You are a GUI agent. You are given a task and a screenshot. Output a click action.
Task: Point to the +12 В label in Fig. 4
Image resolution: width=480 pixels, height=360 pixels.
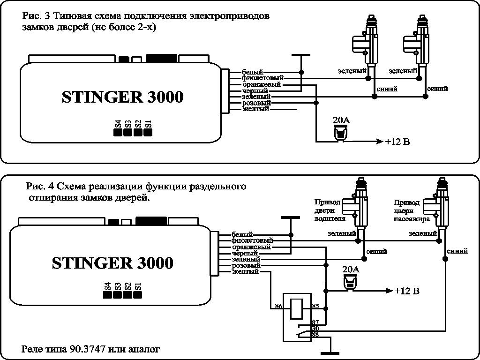point(406,291)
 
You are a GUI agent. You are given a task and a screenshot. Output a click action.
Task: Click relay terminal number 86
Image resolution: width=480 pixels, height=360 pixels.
point(278,306)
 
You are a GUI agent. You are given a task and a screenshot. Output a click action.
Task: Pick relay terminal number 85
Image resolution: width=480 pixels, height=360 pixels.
point(315,306)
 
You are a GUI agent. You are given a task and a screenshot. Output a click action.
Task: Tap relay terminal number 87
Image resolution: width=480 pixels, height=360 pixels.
point(315,322)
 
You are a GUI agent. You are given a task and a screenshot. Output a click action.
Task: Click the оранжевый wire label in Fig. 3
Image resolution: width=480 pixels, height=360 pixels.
point(262,84)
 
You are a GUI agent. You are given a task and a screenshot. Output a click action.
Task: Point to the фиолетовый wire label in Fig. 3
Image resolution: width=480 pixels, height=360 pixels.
point(262,78)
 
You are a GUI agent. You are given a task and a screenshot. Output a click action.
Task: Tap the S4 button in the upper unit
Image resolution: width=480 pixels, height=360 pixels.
point(118,132)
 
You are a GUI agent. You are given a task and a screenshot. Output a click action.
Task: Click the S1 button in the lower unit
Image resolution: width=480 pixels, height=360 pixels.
point(138,294)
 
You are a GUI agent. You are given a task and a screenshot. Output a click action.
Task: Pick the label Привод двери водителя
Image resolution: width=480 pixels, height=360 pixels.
point(330,210)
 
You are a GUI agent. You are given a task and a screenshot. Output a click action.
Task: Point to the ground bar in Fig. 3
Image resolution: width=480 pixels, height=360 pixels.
point(301,55)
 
